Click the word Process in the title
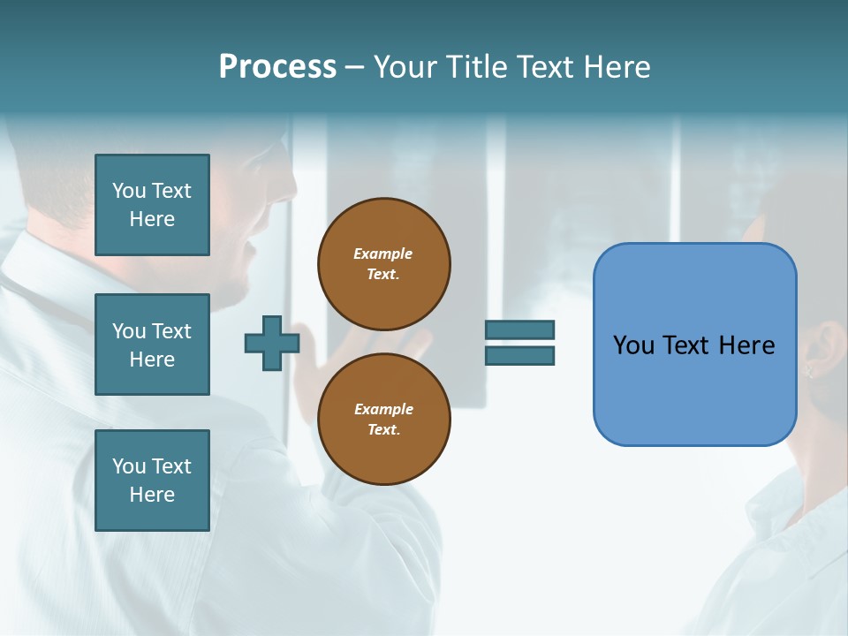(x=277, y=67)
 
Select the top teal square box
(x=152, y=205)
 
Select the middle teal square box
(x=152, y=344)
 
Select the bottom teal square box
(x=152, y=481)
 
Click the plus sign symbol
(x=271, y=343)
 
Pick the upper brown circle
(x=383, y=264)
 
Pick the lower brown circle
(x=383, y=420)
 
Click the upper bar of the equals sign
(x=519, y=329)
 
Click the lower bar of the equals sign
(x=519, y=356)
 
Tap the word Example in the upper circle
(x=383, y=254)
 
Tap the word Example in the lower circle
(x=383, y=409)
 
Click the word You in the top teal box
(x=128, y=191)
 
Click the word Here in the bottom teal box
(x=152, y=495)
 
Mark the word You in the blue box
(x=632, y=345)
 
